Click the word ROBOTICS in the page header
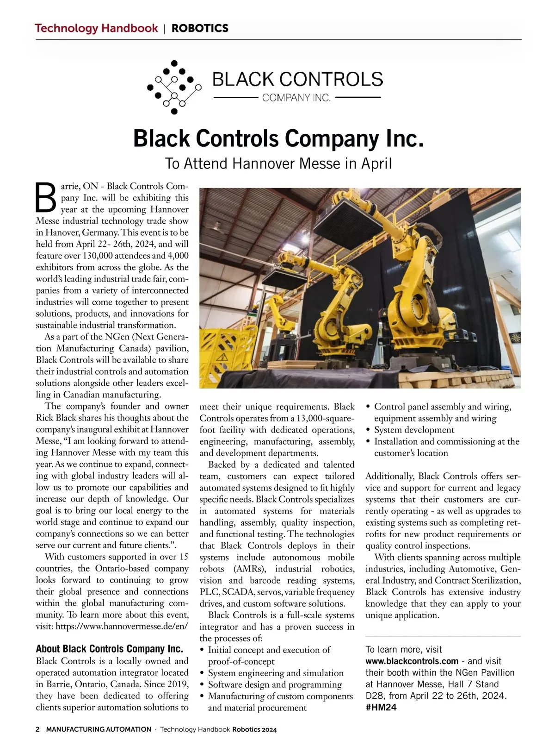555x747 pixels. [x=200, y=28]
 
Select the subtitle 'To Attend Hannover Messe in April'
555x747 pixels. [x=278, y=163]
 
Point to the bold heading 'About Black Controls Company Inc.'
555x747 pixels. [x=110, y=649]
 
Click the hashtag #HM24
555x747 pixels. [x=381, y=708]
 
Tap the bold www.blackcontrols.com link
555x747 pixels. [x=412, y=661]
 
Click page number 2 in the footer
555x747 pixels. [x=38, y=729]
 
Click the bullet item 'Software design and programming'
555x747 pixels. [x=275, y=684]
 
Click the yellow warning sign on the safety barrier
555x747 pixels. [x=221, y=357]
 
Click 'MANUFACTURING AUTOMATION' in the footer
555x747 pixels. [x=99, y=729]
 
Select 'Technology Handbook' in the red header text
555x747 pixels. [x=96, y=28]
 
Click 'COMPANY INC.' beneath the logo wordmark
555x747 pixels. [x=296, y=98]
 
